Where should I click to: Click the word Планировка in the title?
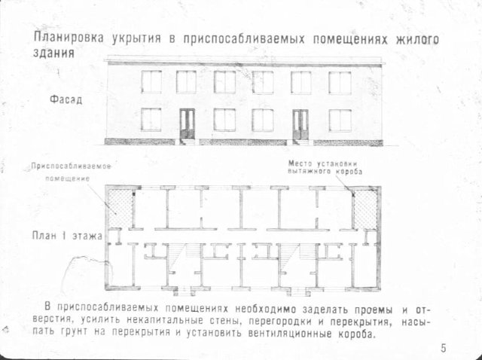(69, 38)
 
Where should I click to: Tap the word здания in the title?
(53, 53)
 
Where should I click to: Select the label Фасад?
(66, 99)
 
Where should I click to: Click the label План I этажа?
(67, 236)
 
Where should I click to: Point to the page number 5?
(444, 348)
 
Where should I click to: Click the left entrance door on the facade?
(188, 124)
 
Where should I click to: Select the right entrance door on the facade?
(300, 124)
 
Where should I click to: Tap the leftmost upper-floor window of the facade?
(151, 82)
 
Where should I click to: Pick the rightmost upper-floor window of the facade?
(340, 83)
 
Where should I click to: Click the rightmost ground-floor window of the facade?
(340, 121)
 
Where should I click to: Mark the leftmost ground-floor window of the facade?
(151, 119)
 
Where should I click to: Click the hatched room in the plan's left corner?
(120, 208)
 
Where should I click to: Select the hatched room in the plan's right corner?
(365, 209)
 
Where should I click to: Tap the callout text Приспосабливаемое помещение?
(71, 172)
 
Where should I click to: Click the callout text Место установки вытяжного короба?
(325, 167)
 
